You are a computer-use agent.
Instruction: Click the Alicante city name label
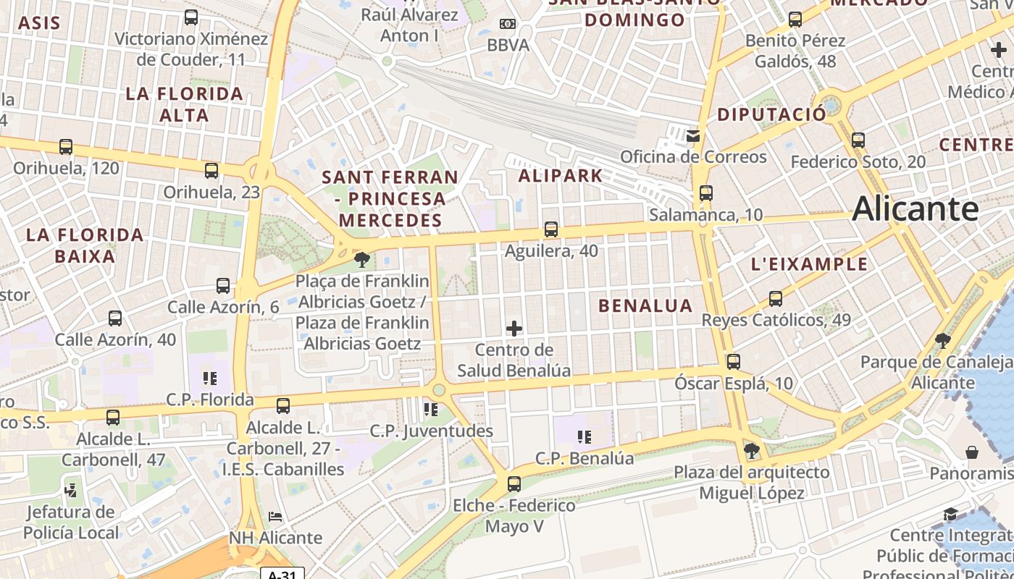(x=915, y=208)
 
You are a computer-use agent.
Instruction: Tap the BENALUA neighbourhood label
(x=645, y=305)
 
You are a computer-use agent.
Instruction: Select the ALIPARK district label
(x=561, y=175)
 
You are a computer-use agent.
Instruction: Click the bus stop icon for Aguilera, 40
(x=551, y=229)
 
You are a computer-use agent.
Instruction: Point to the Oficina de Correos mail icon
(x=694, y=135)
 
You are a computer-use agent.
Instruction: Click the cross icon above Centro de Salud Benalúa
(x=514, y=329)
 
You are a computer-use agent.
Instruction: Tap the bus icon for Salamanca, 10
(x=706, y=193)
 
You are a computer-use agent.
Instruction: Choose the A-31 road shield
(x=282, y=574)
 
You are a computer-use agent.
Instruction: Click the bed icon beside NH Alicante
(x=275, y=517)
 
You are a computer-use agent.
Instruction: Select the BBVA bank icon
(x=508, y=24)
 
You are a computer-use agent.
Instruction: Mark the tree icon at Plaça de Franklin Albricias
(x=361, y=259)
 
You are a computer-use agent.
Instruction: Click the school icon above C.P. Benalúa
(x=584, y=436)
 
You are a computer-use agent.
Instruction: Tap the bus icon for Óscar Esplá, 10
(x=734, y=361)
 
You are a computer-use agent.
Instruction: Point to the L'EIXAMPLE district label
(x=809, y=264)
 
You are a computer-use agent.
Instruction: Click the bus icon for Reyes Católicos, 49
(x=776, y=298)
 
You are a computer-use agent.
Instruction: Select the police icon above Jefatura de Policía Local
(x=71, y=490)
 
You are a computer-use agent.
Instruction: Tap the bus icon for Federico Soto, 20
(x=858, y=140)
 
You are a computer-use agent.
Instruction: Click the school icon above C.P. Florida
(x=210, y=378)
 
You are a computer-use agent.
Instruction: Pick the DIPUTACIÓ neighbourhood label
(x=771, y=114)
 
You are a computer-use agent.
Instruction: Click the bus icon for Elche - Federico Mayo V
(x=514, y=483)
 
